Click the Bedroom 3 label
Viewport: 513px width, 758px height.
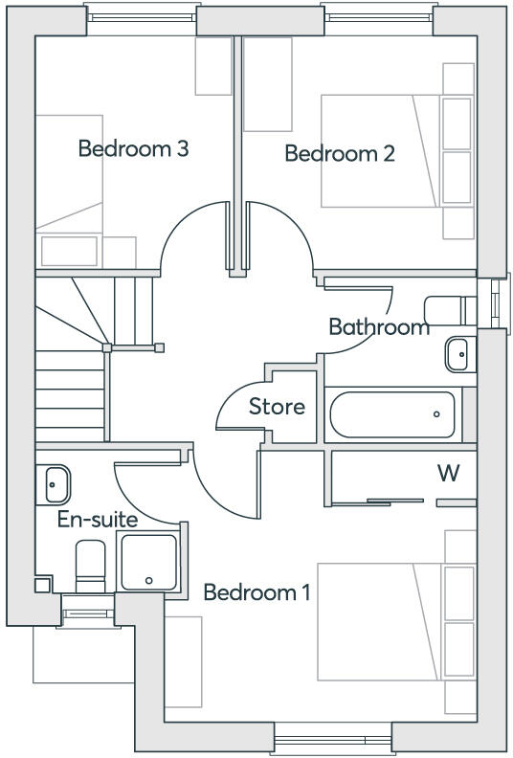pos(133,149)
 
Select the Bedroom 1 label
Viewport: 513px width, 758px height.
pos(256,592)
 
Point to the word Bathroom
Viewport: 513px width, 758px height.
pos(379,327)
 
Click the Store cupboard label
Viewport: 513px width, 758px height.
pos(277,407)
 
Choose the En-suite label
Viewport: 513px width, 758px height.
pos(98,520)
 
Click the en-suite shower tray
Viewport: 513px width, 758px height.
pos(147,561)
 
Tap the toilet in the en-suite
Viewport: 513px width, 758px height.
pos(91,566)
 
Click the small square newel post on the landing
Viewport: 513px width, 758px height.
pos(160,347)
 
